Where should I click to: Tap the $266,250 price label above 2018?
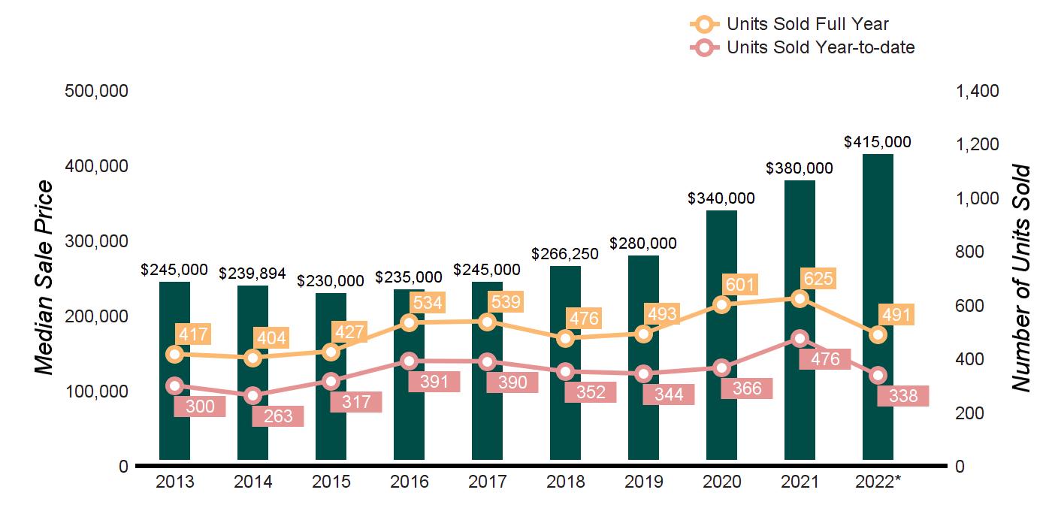coord(565,254)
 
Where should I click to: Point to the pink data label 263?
coord(277,416)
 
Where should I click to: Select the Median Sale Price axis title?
coord(45,278)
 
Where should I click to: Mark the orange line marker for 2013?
coord(174,354)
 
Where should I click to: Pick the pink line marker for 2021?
coord(800,338)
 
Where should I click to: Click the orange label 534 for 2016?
coord(426,303)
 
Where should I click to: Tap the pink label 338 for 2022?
coord(902,396)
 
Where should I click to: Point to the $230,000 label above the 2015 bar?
coord(331,280)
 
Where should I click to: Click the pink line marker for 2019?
coord(643,373)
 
